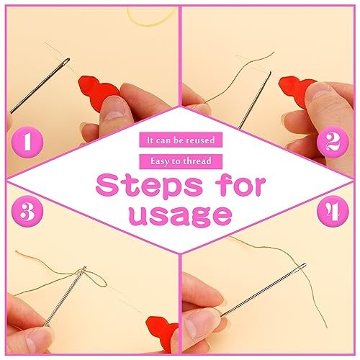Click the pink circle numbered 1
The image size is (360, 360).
(x=27, y=142)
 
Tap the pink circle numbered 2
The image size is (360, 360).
(x=333, y=142)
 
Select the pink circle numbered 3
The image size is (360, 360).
(x=27, y=211)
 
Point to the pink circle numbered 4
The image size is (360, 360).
(x=333, y=211)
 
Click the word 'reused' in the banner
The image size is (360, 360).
(x=201, y=140)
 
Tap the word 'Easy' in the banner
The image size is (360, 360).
(x=160, y=161)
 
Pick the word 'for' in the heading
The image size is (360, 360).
(x=240, y=185)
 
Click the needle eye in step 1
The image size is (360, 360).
(x=66, y=61)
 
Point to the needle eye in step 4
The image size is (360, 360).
(x=302, y=266)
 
